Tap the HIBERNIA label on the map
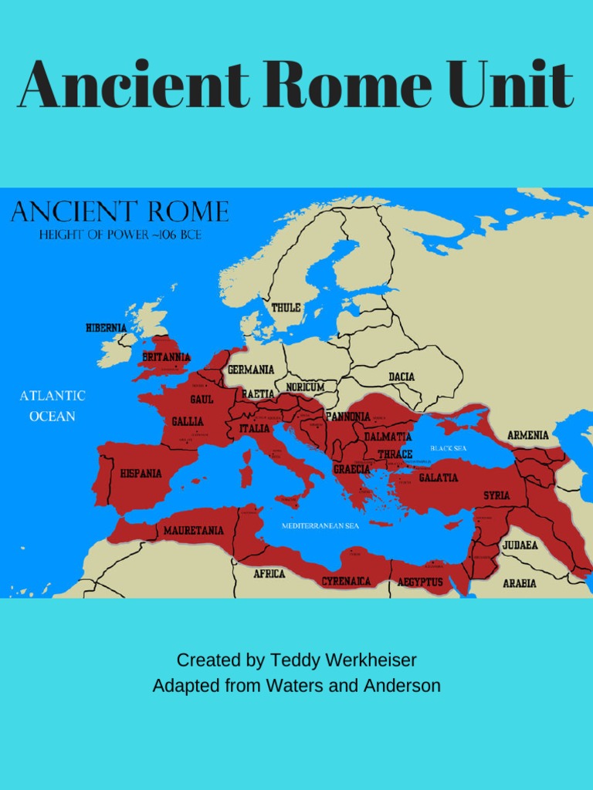106,328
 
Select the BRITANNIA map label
165,357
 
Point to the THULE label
286,308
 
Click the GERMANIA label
250,370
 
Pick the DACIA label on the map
402,377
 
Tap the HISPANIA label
141,473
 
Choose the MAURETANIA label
193,531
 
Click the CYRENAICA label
346,581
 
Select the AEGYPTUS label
420,582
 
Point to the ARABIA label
520,583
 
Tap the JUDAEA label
520,545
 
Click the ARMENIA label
528,435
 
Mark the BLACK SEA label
449,447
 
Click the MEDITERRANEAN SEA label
320,525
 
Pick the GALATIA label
438,478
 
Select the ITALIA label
255,428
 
